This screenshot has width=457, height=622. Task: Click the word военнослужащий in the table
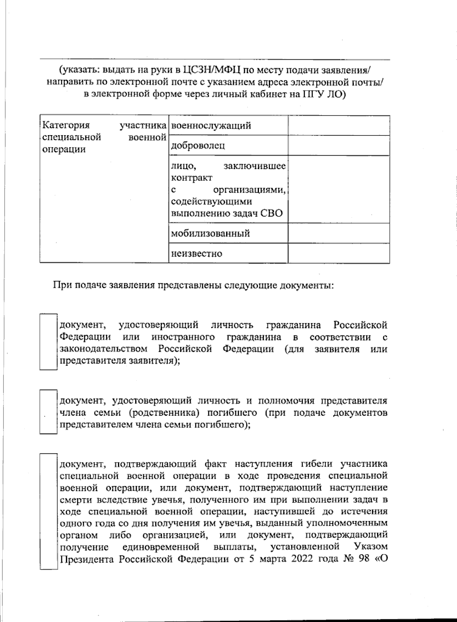pyautogui.click(x=211, y=126)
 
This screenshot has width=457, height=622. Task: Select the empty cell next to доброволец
pyautogui.click(x=339, y=145)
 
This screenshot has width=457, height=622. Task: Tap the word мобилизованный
pyautogui.click(x=211, y=233)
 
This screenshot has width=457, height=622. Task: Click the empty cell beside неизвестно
pyautogui.click(x=339, y=253)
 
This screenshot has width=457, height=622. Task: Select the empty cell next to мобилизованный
pyautogui.click(x=339, y=233)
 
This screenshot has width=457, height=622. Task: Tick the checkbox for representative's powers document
pyautogui.click(x=48, y=411)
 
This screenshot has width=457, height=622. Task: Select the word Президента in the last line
pyautogui.click(x=87, y=559)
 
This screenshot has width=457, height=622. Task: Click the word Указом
pyautogui.click(x=371, y=547)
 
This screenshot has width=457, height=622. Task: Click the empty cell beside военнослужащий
pyautogui.click(x=339, y=126)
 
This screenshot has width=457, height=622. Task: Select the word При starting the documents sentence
pyautogui.click(x=61, y=285)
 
